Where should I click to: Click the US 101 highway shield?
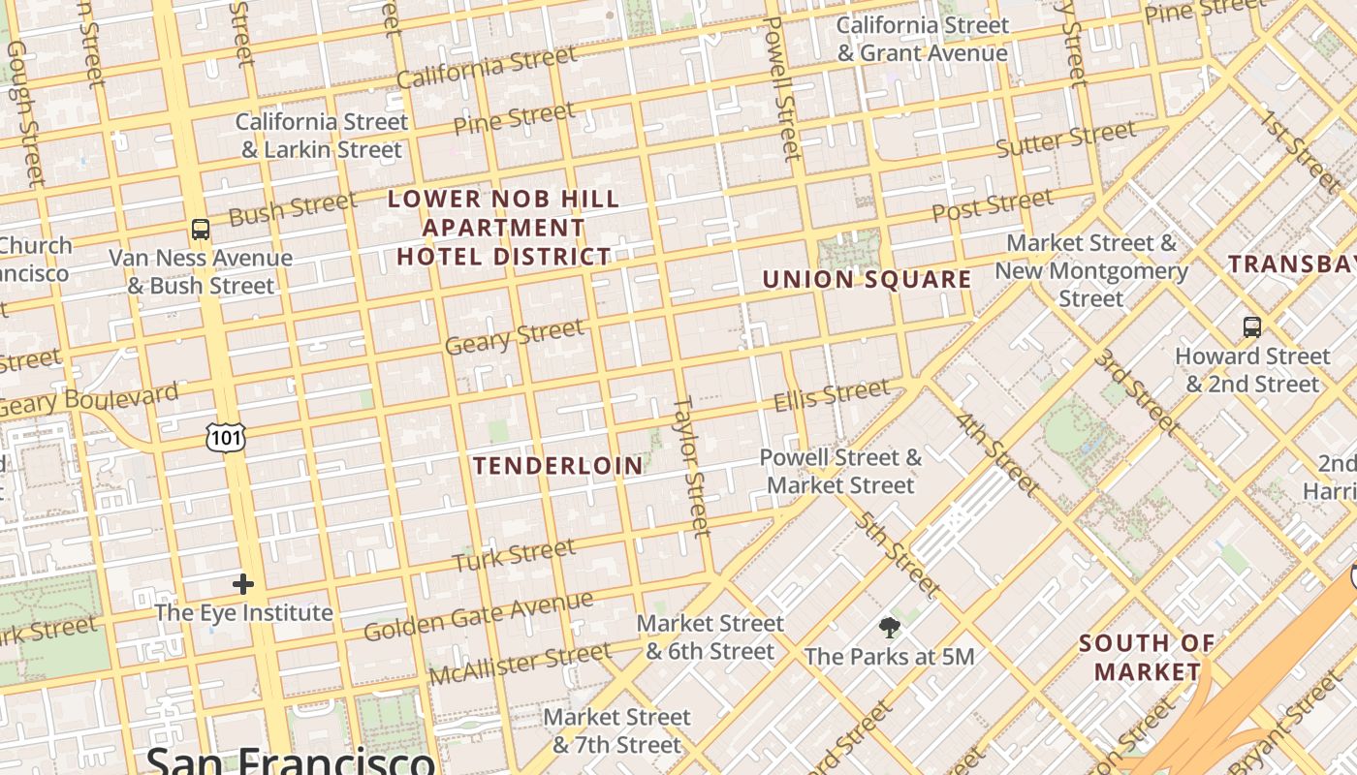point(226,438)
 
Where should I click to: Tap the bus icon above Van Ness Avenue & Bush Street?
point(201,230)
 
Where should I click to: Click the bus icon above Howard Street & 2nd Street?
point(1252,326)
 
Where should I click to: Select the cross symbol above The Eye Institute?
point(243,584)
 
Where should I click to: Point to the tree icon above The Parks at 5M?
point(889,628)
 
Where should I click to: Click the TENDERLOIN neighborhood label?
point(558,466)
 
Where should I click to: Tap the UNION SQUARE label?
point(867,280)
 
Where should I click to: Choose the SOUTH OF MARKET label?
point(1147,657)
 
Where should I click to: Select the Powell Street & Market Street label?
point(840,471)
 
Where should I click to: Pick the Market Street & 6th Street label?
point(710,636)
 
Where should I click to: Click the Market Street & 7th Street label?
point(617,730)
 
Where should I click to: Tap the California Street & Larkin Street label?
point(322,136)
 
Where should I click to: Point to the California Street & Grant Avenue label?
point(923,39)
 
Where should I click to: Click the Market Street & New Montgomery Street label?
point(1091,270)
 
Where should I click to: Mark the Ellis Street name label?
point(831,394)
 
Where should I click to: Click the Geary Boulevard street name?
point(89,399)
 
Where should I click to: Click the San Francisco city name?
point(289,760)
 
